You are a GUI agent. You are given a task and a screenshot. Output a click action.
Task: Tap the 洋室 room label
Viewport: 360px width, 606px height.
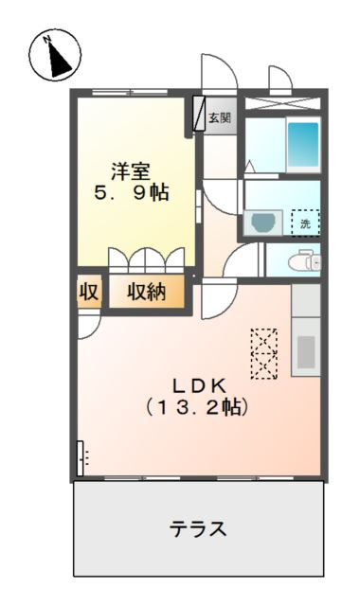(132, 171)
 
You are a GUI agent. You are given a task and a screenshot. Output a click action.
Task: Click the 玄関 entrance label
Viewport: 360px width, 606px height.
(219, 118)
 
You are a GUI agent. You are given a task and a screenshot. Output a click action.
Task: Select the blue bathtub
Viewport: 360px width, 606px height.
(303, 144)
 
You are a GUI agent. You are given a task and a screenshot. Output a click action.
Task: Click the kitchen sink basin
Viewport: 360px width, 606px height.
(306, 351)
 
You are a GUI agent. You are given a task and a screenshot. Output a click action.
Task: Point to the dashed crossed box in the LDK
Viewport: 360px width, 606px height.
(264, 352)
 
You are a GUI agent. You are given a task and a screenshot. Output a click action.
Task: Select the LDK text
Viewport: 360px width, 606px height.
(197, 385)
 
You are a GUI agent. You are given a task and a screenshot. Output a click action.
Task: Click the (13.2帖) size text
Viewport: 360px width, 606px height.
(197, 408)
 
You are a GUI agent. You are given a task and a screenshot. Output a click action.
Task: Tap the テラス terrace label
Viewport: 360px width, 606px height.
(198, 528)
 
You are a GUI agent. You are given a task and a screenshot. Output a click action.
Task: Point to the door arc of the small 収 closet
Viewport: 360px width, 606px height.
(87, 325)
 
